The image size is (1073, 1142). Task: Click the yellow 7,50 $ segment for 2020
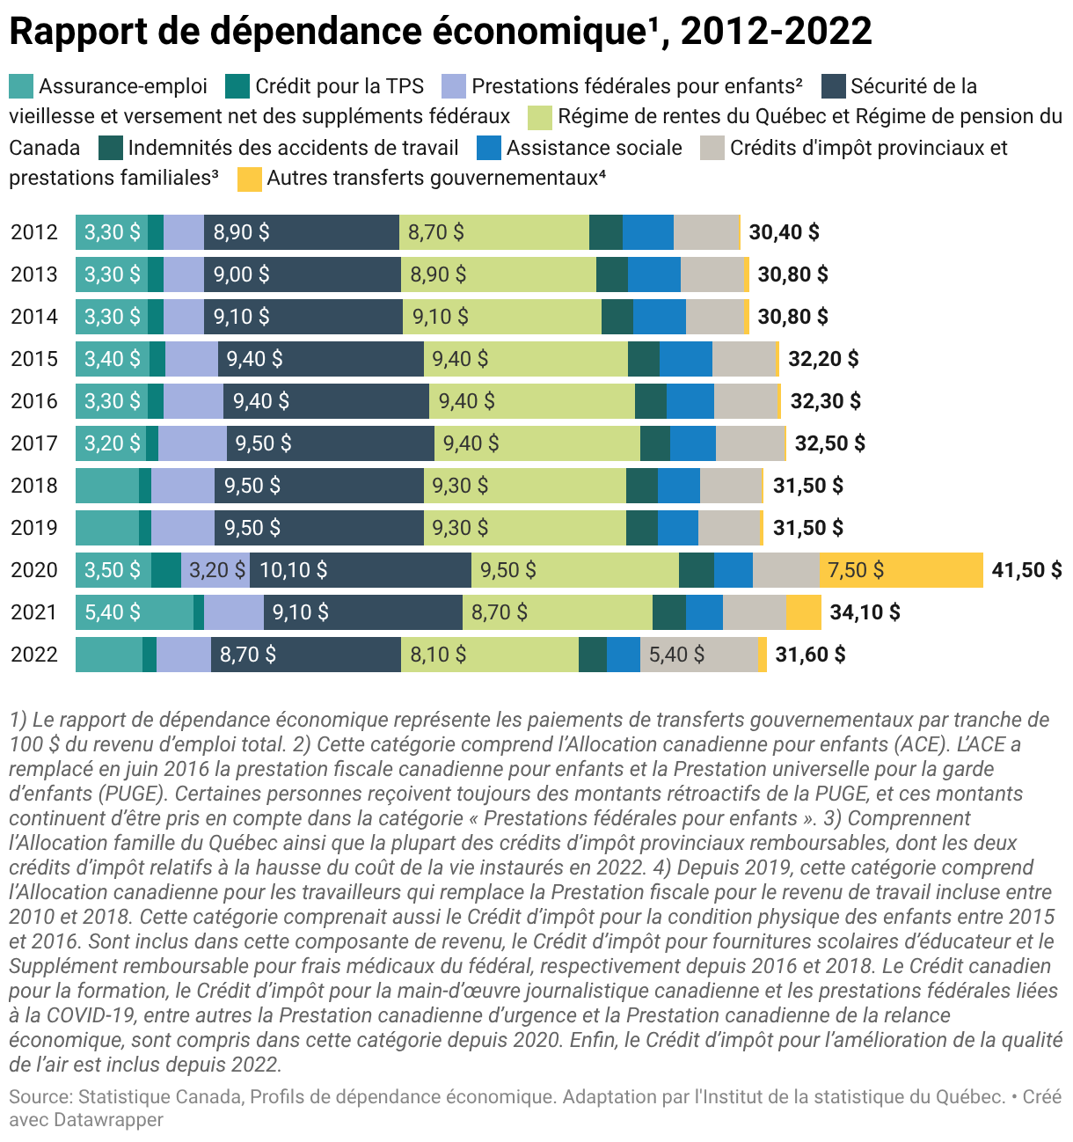pos(901,570)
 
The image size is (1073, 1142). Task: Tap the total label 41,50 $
pos(1026,570)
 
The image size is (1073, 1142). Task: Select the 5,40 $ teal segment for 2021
pos(134,612)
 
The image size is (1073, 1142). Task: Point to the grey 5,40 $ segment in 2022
pos(698,655)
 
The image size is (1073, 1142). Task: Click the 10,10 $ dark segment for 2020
pos(361,570)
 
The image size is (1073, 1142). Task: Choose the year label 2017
pos(34,443)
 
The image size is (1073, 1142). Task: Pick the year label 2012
pos(34,232)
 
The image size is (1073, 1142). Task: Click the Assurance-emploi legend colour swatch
pos(21,86)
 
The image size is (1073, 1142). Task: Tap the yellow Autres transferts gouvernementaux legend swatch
pos(249,179)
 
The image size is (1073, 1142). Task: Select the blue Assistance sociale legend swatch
pos(489,148)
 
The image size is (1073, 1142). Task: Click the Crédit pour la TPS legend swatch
pos(237,86)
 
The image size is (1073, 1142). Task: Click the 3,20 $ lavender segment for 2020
pos(215,570)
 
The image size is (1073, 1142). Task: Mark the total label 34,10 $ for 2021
pos(865,612)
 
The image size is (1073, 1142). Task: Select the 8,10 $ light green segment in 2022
pos(490,655)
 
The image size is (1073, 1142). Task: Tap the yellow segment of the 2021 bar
pos(803,612)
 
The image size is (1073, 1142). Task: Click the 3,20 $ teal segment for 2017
pos(111,443)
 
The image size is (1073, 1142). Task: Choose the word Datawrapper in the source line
pos(109,1120)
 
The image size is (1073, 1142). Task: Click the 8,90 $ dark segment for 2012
pos(302,232)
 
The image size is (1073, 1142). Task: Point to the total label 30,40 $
pos(784,232)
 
